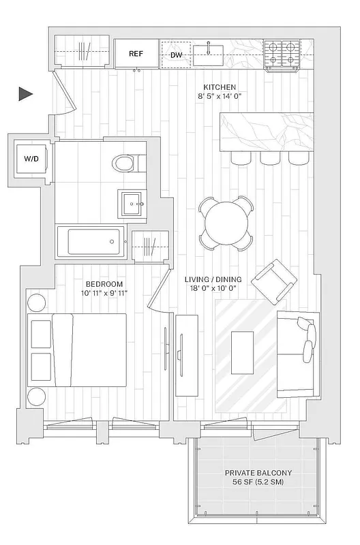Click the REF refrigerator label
click(x=136, y=52)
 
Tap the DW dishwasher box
click(x=176, y=54)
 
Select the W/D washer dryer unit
click(x=31, y=159)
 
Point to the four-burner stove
click(x=282, y=52)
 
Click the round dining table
click(x=224, y=223)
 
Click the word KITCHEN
click(x=220, y=87)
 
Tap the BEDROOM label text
click(x=104, y=283)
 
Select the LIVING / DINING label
click(x=214, y=279)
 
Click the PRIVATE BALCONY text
click(x=258, y=472)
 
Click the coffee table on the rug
click(x=243, y=352)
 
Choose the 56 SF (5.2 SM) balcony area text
click(x=258, y=482)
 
